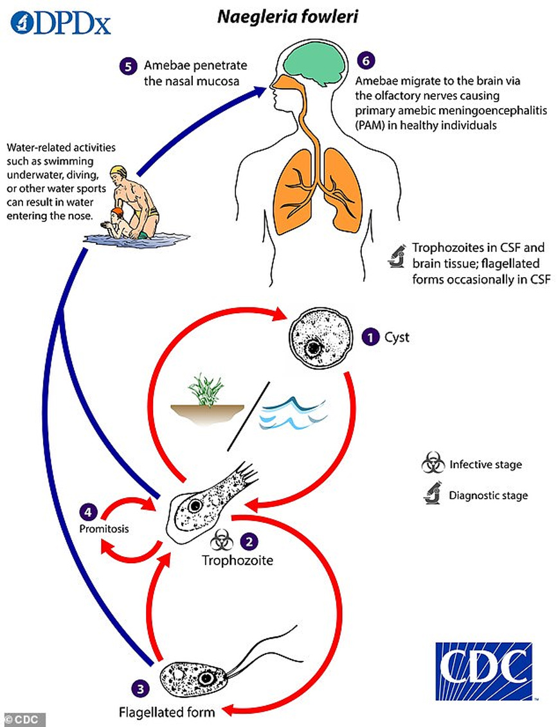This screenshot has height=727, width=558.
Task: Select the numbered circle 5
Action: (x=127, y=65)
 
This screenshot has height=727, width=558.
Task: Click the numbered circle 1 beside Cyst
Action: (x=369, y=336)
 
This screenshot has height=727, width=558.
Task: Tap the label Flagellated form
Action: (x=166, y=711)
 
